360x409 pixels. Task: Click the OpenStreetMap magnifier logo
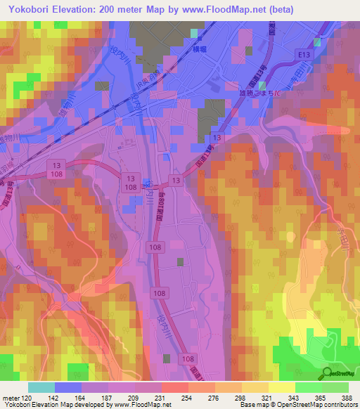[x=327, y=374]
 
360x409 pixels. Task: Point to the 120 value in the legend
[x=25, y=398]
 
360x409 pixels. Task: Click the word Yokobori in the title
[x=27, y=9]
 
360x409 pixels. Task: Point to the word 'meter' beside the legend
[x=10, y=398]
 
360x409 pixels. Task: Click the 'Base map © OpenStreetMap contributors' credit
[x=298, y=405]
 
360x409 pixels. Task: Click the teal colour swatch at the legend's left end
[x=41, y=387]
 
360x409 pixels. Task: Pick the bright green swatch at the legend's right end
[x=335, y=387]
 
